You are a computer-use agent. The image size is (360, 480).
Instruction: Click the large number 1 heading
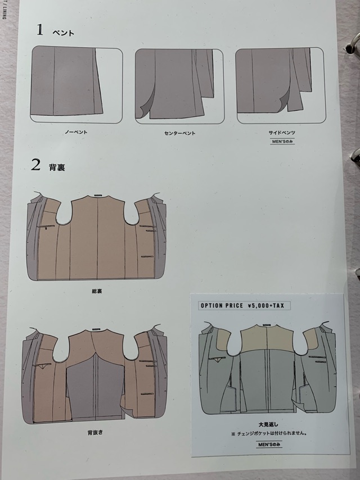tap(40, 30)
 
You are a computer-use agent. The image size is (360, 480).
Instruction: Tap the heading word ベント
tap(64, 33)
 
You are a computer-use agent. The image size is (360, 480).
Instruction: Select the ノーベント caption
tap(76, 132)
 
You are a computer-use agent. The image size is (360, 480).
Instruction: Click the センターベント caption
tap(180, 133)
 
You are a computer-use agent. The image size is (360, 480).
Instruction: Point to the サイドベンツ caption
tap(282, 133)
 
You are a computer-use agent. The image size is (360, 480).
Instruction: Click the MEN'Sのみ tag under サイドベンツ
tap(282, 142)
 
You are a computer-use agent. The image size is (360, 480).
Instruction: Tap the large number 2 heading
tap(35, 165)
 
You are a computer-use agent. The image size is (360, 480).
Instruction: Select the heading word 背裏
tap(57, 167)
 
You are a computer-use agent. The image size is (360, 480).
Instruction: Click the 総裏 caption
tap(97, 291)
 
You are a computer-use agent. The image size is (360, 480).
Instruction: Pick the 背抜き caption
tap(95, 433)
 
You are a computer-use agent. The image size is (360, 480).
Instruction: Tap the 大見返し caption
tap(268, 424)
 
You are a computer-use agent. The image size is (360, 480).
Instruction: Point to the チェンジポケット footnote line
tap(269, 433)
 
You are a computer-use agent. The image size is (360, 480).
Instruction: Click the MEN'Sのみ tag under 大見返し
tap(269, 444)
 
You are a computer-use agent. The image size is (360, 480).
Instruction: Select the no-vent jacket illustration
tap(76, 84)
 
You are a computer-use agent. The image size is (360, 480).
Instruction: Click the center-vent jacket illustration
tap(180, 87)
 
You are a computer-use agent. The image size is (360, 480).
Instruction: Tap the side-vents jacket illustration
tap(281, 85)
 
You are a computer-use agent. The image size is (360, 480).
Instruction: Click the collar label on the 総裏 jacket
tap(98, 195)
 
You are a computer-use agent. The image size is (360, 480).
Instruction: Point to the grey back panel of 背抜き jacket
tap(96, 386)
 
